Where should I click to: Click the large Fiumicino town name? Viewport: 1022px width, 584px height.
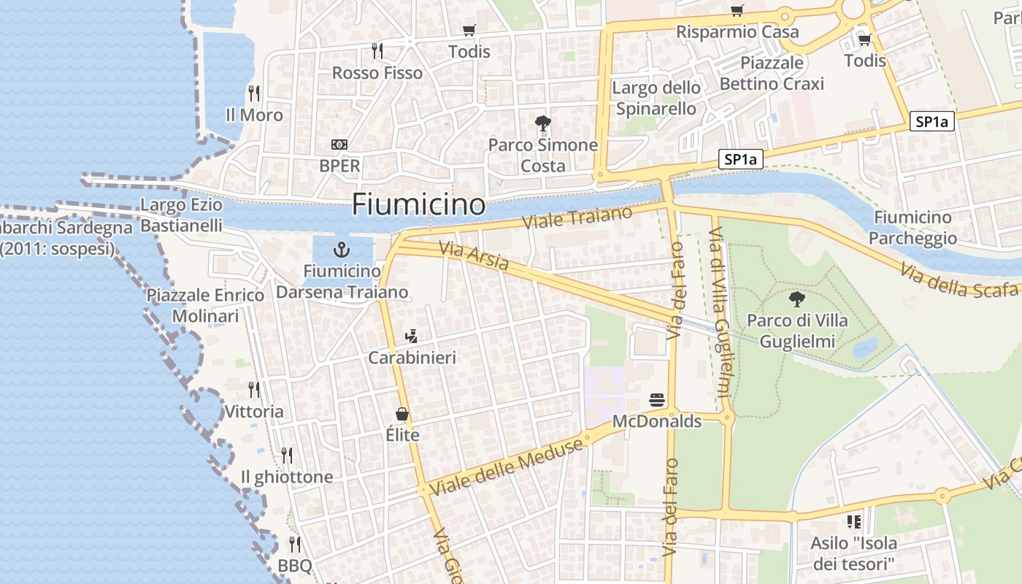(418, 204)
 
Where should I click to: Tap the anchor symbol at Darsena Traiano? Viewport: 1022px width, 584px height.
(341, 250)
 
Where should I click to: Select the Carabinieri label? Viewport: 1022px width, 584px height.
(412, 358)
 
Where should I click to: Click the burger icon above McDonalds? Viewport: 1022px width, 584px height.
(657, 400)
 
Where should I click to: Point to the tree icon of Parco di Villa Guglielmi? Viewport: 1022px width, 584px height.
(797, 299)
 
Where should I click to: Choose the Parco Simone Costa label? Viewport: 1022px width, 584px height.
(543, 155)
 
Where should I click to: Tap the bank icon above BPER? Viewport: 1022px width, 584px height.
(339, 145)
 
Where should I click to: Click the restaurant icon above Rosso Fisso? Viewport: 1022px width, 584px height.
(377, 51)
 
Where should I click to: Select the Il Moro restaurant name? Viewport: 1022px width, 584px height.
(254, 115)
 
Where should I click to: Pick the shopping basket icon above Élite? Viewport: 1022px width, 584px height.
(402, 414)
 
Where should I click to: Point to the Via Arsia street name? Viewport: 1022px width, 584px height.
(474, 256)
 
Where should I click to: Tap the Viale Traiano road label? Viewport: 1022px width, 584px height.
(577, 220)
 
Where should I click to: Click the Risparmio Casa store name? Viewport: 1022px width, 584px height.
(737, 32)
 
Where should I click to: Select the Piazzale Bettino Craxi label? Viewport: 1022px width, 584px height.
(772, 73)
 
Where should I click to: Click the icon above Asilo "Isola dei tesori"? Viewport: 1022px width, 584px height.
(853, 521)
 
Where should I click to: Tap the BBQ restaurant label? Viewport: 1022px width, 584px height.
(295, 566)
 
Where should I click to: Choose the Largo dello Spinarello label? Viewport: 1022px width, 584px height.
(656, 98)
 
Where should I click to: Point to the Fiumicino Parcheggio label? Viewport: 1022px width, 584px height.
(912, 228)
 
